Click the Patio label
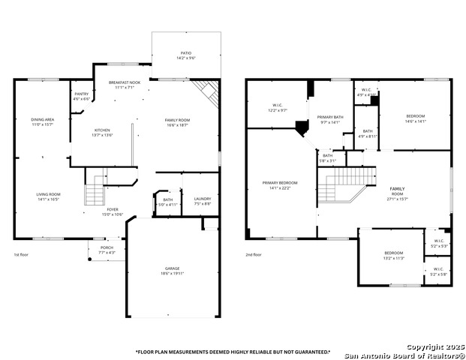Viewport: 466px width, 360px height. (185, 55)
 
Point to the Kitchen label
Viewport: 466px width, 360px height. (102, 133)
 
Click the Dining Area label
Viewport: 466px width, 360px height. (42, 121)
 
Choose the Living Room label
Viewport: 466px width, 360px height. (48, 196)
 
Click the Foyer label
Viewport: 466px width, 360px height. (112, 212)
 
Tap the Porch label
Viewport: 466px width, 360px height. (107, 250)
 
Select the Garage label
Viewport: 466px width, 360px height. (173, 271)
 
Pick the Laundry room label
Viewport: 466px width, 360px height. (202, 201)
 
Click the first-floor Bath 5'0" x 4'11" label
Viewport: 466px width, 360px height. (168, 202)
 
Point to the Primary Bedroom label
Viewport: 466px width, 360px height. (279, 185)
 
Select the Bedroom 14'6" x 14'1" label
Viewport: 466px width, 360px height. (415, 118)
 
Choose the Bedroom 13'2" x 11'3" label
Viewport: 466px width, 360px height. (394, 255)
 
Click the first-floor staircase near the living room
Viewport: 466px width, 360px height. (94, 193)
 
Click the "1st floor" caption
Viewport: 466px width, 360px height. (22, 254)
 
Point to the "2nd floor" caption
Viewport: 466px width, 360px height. (253, 254)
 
